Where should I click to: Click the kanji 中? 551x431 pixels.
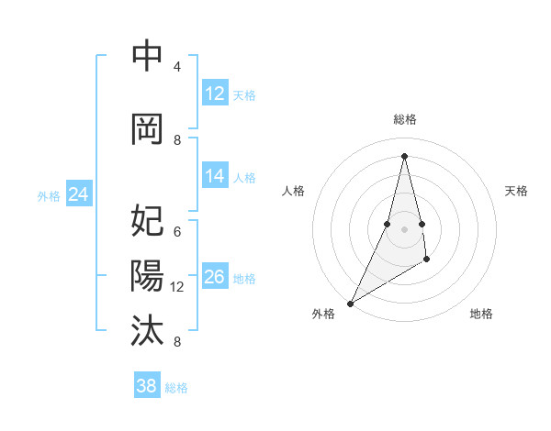147,57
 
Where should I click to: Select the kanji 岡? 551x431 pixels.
147,129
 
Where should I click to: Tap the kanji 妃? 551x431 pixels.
147,222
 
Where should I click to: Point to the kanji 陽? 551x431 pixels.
147,276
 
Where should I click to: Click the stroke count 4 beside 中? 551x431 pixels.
177,67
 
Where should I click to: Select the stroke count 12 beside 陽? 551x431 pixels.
177,287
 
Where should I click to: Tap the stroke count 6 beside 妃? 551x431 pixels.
177,232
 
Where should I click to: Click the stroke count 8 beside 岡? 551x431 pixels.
177,140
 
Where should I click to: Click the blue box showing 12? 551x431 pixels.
215,94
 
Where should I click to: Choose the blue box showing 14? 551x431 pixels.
215,176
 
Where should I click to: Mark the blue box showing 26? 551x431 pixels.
215,277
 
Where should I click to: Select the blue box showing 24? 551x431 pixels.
79,194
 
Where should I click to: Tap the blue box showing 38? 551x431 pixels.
147,386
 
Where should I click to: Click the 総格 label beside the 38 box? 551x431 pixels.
176,388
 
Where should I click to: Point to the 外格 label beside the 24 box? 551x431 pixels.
49,196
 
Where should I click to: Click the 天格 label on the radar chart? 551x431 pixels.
516,191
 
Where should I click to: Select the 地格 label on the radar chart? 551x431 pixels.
481,314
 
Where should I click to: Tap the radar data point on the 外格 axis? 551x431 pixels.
350,303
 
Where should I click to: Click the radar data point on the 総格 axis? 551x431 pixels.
404,156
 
